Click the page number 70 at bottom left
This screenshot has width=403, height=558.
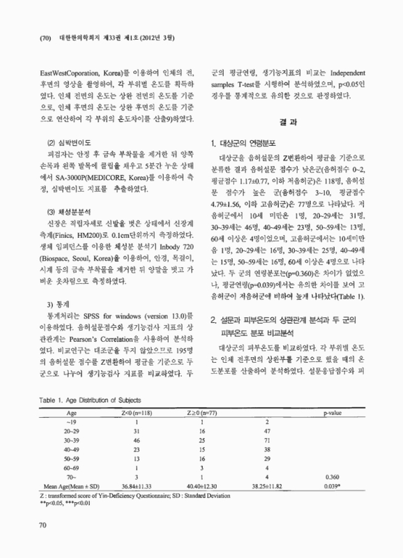click(26, 537)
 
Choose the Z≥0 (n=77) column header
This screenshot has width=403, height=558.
click(202, 413)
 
